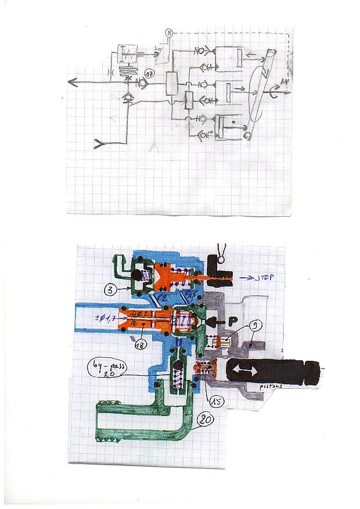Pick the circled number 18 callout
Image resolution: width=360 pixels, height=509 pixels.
click(139, 345)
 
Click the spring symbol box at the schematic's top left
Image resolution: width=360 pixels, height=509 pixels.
click(127, 56)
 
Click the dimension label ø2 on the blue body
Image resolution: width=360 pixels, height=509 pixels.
click(163, 298)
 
